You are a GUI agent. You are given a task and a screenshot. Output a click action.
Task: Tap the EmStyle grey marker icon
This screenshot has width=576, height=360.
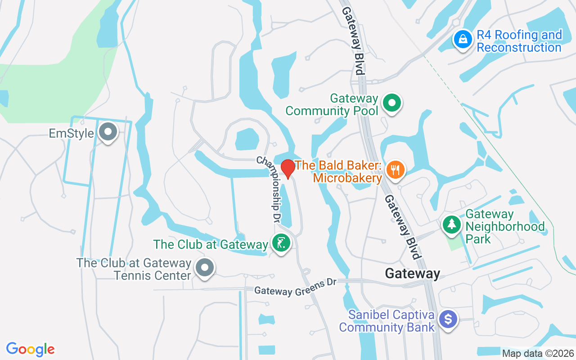[x=108, y=132]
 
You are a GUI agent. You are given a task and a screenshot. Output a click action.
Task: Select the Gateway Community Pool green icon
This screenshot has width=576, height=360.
[x=392, y=103]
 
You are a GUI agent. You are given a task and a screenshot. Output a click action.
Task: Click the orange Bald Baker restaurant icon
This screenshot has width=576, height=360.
[x=396, y=170]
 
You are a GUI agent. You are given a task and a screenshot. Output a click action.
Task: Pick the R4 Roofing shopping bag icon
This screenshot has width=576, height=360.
[x=462, y=40]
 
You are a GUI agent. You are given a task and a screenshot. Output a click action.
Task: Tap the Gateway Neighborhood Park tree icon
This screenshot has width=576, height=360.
[x=451, y=224]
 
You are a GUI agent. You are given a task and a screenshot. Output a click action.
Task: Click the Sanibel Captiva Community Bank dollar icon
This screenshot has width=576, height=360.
[x=448, y=319]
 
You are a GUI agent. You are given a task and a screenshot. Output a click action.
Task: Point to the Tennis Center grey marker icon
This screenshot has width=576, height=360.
[x=205, y=267]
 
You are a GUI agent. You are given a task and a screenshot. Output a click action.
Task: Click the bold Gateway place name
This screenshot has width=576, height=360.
[x=412, y=273]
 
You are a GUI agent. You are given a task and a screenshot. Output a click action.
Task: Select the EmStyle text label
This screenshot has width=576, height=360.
[x=72, y=134]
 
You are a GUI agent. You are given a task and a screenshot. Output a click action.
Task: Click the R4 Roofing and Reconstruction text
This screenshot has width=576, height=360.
[x=519, y=41]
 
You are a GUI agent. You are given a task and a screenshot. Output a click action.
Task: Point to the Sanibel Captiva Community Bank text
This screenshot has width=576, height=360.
[x=387, y=321]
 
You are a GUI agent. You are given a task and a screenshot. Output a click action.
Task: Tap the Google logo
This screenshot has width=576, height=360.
[x=30, y=349]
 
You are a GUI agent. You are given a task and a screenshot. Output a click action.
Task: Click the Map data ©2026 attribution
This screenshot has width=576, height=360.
[x=538, y=353]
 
